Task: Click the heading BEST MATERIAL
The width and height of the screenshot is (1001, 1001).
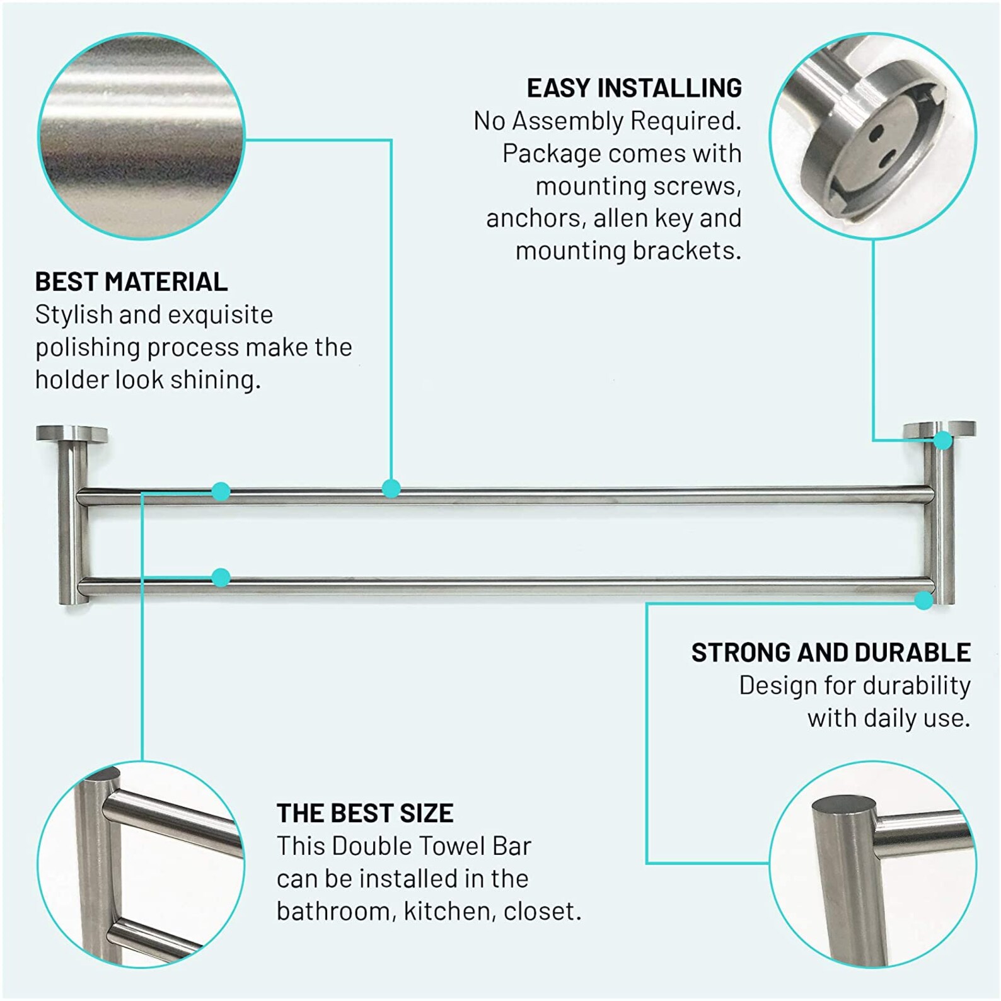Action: pyautogui.click(x=131, y=282)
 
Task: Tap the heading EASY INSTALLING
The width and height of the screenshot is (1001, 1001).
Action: pyautogui.click(x=634, y=88)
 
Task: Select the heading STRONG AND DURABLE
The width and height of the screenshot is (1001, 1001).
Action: pyautogui.click(x=831, y=653)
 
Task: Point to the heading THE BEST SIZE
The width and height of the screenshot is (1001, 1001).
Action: pyautogui.click(x=365, y=813)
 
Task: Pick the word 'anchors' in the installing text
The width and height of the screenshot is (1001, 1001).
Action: pyautogui.click(x=533, y=219)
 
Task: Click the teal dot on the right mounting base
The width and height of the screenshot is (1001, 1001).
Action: pyautogui.click(x=943, y=440)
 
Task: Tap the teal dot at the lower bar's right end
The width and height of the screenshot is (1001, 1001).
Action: pyautogui.click(x=924, y=600)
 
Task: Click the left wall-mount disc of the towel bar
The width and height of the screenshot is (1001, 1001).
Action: pyautogui.click(x=71, y=434)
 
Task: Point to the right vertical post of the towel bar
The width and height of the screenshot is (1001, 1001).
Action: pyautogui.click(x=939, y=523)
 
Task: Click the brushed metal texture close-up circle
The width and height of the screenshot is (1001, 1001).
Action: pyautogui.click(x=141, y=136)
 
